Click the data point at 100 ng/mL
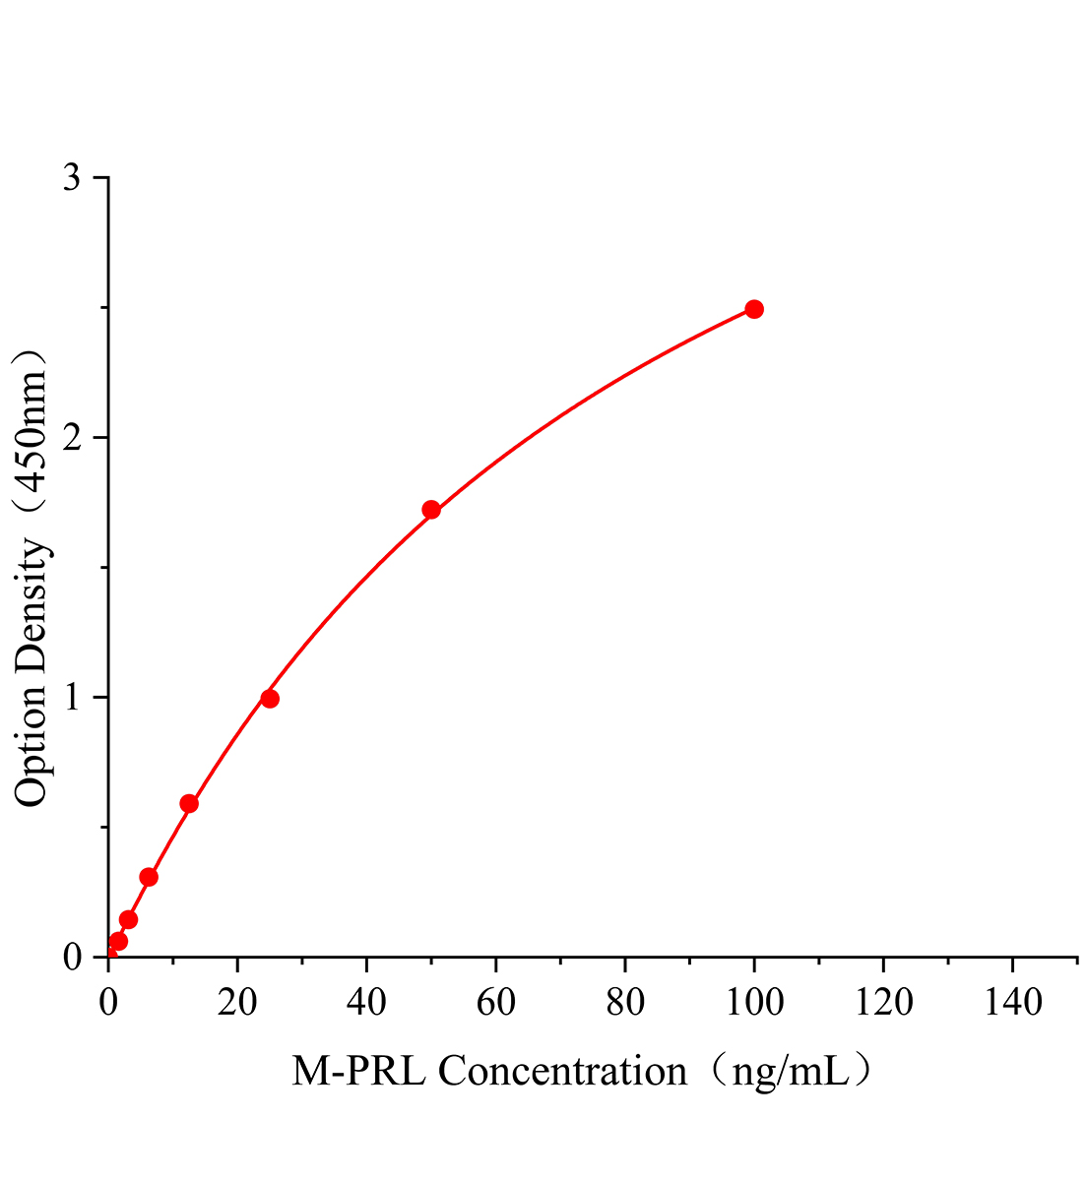tap(754, 309)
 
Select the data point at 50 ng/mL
tap(431, 510)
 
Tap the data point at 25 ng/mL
tap(270, 699)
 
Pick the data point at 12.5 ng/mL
tap(189, 804)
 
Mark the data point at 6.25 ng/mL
tap(149, 877)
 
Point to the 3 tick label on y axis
tap(73, 178)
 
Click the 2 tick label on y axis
tap(73, 438)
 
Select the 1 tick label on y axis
tap(73, 698)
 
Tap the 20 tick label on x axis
tap(237, 1003)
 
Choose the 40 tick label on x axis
tap(366, 1003)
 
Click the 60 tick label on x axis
tap(495, 1003)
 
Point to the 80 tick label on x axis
tap(625, 1003)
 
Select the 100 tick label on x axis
tap(754, 1003)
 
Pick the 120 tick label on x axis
tap(883, 1003)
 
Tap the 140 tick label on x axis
tap(1012, 1003)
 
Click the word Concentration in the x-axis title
tap(562, 1071)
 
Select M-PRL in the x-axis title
tap(358, 1071)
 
